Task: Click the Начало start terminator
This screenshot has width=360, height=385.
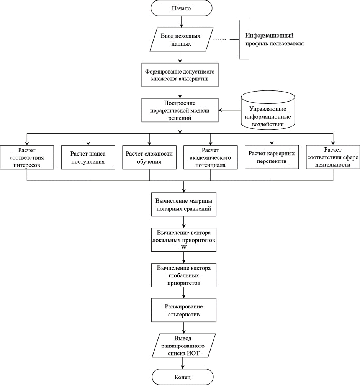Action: click(x=182, y=8)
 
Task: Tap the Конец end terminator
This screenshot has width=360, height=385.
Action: click(x=183, y=377)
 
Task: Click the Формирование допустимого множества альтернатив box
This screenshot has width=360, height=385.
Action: click(x=180, y=75)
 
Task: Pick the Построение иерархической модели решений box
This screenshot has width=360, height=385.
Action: click(x=180, y=110)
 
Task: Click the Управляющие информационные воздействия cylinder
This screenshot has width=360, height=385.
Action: click(x=268, y=110)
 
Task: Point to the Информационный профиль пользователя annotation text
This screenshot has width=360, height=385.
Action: click(x=275, y=39)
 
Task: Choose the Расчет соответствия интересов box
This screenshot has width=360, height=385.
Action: click(x=27, y=157)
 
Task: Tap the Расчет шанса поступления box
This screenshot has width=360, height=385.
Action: click(x=88, y=157)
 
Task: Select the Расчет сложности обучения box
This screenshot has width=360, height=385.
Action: click(x=149, y=157)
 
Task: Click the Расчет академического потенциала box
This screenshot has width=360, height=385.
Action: click(x=211, y=157)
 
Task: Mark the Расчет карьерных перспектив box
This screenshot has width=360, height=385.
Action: click(x=272, y=157)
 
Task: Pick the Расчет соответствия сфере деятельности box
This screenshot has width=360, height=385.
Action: click(x=333, y=157)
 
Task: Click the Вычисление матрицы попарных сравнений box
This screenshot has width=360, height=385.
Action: click(x=184, y=205)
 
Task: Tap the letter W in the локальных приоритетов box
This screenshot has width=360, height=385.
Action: click(x=184, y=247)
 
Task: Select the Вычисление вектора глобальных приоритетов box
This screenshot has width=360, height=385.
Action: click(x=184, y=275)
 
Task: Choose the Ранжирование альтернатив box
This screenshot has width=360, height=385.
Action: click(x=184, y=310)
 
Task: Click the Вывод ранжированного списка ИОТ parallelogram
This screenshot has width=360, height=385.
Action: click(x=184, y=346)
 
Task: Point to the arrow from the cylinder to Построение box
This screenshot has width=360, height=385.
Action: click(x=230, y=110)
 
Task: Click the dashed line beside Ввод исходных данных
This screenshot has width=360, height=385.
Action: click(x=219, y=39)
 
